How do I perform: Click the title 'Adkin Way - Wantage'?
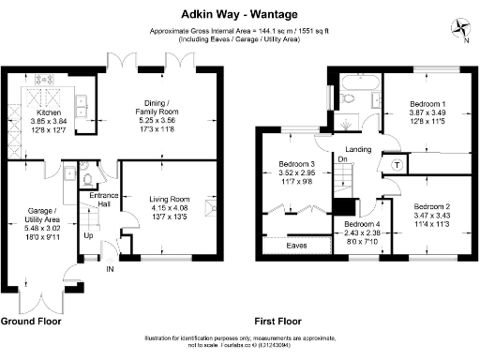[x=239, y=14]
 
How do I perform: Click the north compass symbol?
[x=458, y=27]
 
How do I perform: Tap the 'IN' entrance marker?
[x=110, y=268]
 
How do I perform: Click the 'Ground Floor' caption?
[x=30, y=321]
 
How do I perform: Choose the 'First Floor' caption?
[x=280, y=321]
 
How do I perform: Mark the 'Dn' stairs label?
[x=343, y=159]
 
